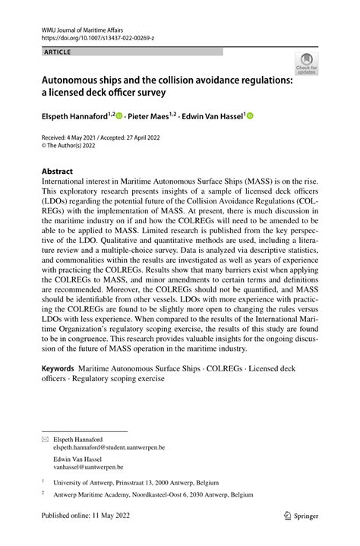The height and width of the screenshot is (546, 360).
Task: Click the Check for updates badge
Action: click(306, 65)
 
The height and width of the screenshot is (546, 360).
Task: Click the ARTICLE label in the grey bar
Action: click(58, 52)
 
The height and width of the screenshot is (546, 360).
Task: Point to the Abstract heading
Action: click(58, 172)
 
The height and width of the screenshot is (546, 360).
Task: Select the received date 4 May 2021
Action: click(84, 138)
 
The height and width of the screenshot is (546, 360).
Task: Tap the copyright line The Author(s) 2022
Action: click(76, 147)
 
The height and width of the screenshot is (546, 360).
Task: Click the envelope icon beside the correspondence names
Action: click(46, 440)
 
